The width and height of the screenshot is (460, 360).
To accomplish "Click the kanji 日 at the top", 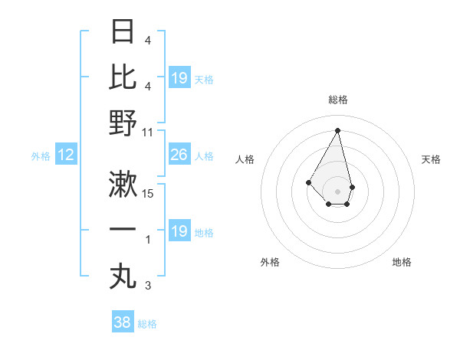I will tap(123, 32).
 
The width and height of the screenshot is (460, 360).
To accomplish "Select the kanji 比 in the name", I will tap(123, 77).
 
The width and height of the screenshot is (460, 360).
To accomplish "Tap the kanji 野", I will tap(123, 123).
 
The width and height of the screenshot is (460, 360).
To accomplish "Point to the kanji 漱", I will tap(123, 184).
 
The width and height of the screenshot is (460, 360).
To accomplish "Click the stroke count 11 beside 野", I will tap(148, 132).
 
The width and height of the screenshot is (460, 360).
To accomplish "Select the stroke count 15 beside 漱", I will tap(148, 194).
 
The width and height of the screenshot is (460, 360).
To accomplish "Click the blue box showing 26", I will tap(179, 155).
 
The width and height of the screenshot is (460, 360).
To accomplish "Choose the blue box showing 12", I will tap(66, 155).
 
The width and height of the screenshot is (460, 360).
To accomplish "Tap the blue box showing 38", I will tap(123, 322).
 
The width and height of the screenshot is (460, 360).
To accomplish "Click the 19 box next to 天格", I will tap(179, 78).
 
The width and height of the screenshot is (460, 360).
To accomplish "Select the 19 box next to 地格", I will tap(179, 231).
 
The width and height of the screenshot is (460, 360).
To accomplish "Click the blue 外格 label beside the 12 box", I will tap(41, 156).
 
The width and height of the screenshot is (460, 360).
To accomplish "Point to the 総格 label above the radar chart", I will tap(337, 100).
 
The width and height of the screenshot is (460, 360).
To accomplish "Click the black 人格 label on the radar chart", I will tap(245, 159).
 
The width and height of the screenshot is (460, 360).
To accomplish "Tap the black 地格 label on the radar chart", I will tap(402, 262).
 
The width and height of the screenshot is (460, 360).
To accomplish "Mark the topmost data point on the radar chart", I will tap(337, 130).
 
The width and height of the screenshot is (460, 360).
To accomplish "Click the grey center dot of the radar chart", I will tap(337, 191).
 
